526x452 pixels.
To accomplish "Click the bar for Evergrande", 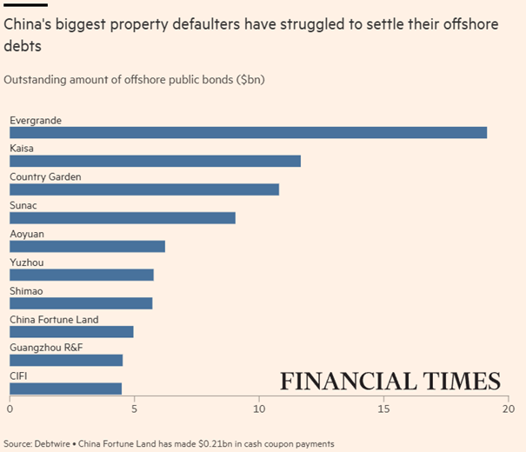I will (x=248, y=132).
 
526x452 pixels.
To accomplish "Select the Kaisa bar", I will (x=155, y=161).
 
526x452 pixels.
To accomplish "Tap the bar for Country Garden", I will (x=144, y=189).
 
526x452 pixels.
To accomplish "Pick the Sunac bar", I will (x=123, y=217).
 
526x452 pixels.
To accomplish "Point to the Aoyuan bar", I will (x=87, y=246).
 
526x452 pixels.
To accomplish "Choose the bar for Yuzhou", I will (x=82, y=275).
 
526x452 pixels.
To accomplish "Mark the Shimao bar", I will (x=81, y=302).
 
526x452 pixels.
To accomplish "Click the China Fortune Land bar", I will (x=71, y=331).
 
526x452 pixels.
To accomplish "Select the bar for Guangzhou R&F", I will (x=66, y=360).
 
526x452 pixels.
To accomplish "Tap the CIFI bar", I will (x=65, y=388).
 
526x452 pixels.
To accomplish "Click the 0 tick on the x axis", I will (x=10, y=408).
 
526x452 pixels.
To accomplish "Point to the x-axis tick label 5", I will (x=134, y=408).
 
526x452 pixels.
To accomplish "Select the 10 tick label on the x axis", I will (x=258, y=408).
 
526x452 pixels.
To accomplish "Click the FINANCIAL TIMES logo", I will (x=390, y=382).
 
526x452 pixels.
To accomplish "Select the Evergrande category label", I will (x=35, y=120).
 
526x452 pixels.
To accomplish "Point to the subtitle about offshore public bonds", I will (x=134, y=80).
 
